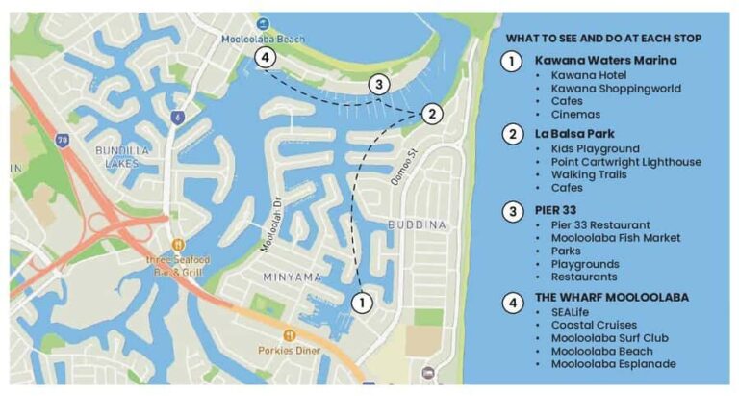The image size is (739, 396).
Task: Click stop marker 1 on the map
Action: tap(362, 303)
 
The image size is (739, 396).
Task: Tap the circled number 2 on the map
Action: tap(432, 114)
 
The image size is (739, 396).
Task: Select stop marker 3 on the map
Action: tap(380, 85)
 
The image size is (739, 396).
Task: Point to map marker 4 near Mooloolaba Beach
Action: tap(267, 58)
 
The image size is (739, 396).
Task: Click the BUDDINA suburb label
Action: tap(416, 224)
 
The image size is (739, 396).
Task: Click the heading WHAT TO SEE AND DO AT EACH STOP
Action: tap(602, 38)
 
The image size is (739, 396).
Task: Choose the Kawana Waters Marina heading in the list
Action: tap(605, 60)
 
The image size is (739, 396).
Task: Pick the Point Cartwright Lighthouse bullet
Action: tap(625, 162)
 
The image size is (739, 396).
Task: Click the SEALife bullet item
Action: tap(573, 311)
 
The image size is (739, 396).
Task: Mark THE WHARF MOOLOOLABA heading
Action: tap(612, 297)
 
